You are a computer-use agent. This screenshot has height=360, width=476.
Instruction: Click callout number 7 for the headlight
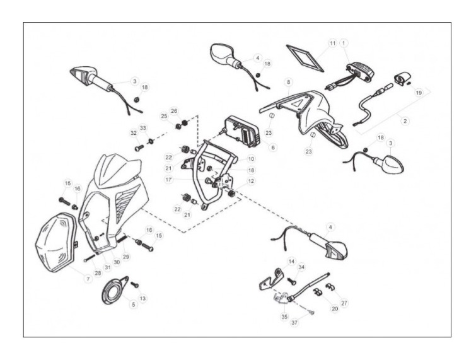pos(88,278)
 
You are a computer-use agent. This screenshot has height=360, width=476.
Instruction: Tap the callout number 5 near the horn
pos(133,304)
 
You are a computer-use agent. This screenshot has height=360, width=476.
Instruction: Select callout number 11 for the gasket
pos(333,43)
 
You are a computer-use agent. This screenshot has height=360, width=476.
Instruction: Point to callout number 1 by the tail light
pos(344,43)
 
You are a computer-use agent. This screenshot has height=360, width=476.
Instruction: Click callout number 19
pos(419,93)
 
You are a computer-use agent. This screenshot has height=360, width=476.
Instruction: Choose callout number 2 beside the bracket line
pos(405,121)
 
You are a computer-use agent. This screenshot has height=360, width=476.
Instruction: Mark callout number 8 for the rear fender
pos(288,82)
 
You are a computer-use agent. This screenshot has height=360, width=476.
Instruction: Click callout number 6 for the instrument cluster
pos(273,148)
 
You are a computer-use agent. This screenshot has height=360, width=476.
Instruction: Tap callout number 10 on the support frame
pos(251,159)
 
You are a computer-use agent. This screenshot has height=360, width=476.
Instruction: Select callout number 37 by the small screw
pos(294,322)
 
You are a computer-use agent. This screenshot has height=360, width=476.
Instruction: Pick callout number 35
pos(284,316)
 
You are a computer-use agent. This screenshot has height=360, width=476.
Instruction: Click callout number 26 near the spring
pos(174,111)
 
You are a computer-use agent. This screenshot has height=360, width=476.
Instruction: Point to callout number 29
pos(125,257)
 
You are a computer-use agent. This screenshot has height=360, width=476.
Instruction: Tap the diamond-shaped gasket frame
pos(305,59)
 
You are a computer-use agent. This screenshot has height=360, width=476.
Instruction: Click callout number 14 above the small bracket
pos(291,262)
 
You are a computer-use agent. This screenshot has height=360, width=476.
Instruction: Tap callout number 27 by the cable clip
pos(344,303)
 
